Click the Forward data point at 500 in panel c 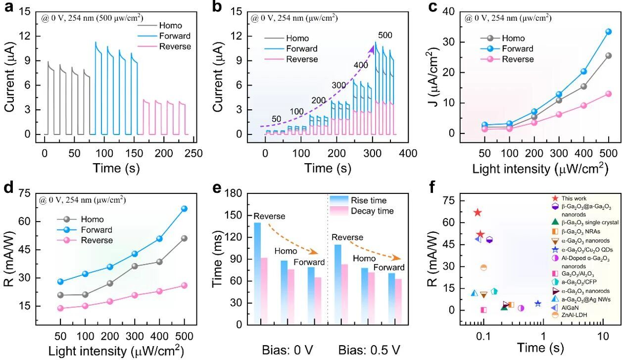(x=608, y=32)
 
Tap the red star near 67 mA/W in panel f (x=478, y=213)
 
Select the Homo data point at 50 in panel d (x=60, y=295)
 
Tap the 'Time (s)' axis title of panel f (x=541, y=348)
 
